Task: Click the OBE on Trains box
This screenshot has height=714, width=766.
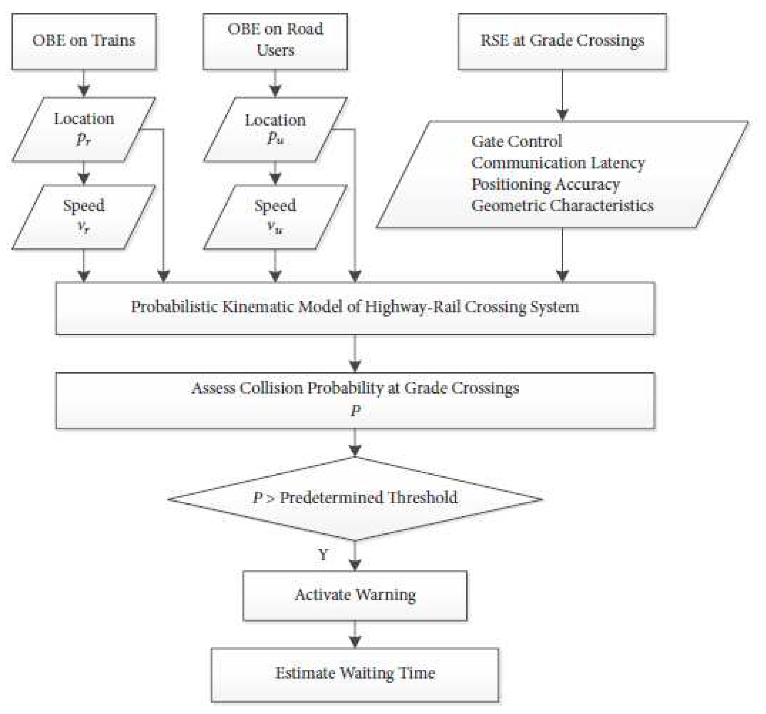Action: click(84, 41)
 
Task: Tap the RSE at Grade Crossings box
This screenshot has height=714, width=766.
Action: click(562, 41)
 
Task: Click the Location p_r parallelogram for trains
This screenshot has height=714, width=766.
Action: click(84, 129)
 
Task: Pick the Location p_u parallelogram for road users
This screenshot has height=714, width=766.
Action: click(275, 129)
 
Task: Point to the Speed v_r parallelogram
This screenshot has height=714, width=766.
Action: click(84, 216)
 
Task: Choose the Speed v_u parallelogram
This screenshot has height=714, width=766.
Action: click(275, 216)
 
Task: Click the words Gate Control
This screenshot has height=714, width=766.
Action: click(516, 141)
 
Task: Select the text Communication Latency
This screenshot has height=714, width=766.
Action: click(558, 163)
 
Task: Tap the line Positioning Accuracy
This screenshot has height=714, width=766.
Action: click(545, 184)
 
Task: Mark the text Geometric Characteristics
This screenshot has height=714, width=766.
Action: click(562, 205)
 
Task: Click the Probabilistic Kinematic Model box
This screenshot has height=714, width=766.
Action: click(355, 308)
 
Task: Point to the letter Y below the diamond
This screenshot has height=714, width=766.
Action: click(323, 555)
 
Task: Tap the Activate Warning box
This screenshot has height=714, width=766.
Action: click(355, 595)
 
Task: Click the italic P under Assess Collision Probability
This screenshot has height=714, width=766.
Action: click(355, 411)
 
